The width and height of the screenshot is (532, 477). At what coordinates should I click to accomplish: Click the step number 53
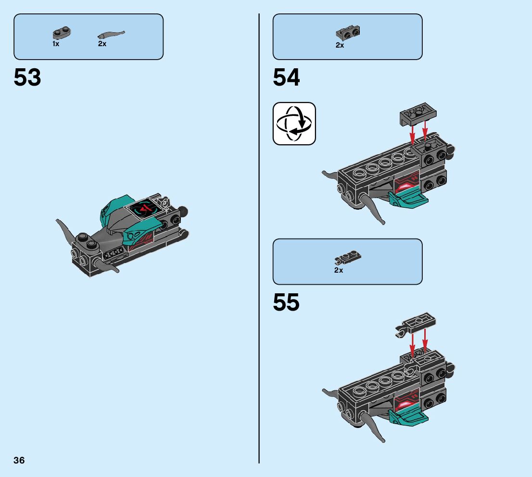(x=27, y=77)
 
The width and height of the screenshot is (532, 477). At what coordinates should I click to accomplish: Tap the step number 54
(x=286, y=77)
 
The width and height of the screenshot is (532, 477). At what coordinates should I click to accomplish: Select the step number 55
(x=286, y=302)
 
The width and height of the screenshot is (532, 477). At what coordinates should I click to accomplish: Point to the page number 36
(x=19, y=460)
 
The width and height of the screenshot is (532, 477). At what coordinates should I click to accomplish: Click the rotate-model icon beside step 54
(x=294, y=124)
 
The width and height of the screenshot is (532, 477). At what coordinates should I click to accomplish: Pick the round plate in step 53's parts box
(x=61, y=33)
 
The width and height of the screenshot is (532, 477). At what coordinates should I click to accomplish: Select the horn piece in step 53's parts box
(x=111, y=35)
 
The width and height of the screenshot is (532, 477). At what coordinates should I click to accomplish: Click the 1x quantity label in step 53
(x=56, y=44)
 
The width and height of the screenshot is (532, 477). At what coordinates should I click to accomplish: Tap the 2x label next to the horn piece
(x=102, y=44)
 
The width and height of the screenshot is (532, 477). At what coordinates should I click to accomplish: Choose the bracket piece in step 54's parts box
(x=348, y=33)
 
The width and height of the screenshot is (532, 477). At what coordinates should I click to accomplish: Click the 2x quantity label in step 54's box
(x=340, y=45)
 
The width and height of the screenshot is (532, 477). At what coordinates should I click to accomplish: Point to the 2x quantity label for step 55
(x=339, y=270)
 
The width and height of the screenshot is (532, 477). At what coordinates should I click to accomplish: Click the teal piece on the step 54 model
(x=407, y=198)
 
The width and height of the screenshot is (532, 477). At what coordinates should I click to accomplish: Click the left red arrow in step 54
(x=412, y=134)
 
